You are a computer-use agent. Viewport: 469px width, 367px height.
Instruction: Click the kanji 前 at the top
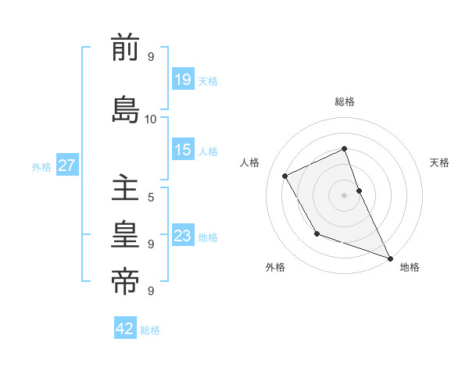click(125, 49)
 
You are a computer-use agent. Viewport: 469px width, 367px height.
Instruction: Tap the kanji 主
click(125, 190)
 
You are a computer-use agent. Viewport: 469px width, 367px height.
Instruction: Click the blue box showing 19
click(182, 80)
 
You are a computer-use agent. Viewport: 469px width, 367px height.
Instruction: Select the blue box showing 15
click(182, 151)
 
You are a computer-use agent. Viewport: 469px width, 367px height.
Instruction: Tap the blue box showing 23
click(182, 236)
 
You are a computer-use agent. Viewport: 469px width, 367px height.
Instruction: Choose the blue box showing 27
click(66, 166)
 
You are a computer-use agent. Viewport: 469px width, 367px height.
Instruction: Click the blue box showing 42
click(125, 329)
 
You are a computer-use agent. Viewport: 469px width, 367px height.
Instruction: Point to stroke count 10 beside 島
click(151, 119)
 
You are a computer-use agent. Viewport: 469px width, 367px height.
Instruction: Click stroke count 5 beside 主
click(151, 198)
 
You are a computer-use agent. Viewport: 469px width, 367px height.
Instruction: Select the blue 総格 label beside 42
click(150, 330)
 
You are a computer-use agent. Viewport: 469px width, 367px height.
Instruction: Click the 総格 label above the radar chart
click(345, 102)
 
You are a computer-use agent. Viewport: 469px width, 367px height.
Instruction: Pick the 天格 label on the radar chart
click(439, 162)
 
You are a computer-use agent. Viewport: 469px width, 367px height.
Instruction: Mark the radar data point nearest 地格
click(391, 258)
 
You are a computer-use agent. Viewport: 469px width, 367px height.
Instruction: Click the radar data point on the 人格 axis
click(285, 176)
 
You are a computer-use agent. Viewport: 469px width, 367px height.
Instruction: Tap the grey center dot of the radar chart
click(344, 194)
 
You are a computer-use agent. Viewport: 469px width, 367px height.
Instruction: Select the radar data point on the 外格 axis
click(317, 233)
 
